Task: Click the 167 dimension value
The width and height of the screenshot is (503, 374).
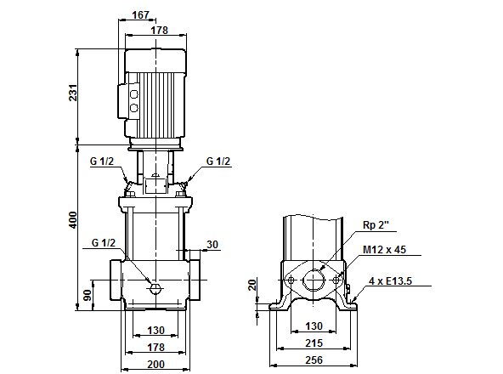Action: pyautogui.click(x=143, y=14)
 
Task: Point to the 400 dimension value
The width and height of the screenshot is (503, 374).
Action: pyautogui.click(x=74, y=222)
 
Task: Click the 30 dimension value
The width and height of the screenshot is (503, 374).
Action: pyautogui.click(x=212, y=245)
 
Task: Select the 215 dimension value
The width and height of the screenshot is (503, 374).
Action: pyautogui.click(x=314, y=344)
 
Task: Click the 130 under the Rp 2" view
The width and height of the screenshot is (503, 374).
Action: pyautogui.click(x=314, y=326)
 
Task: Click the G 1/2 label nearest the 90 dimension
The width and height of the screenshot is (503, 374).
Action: pyautogui.click(x=102, y=243)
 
